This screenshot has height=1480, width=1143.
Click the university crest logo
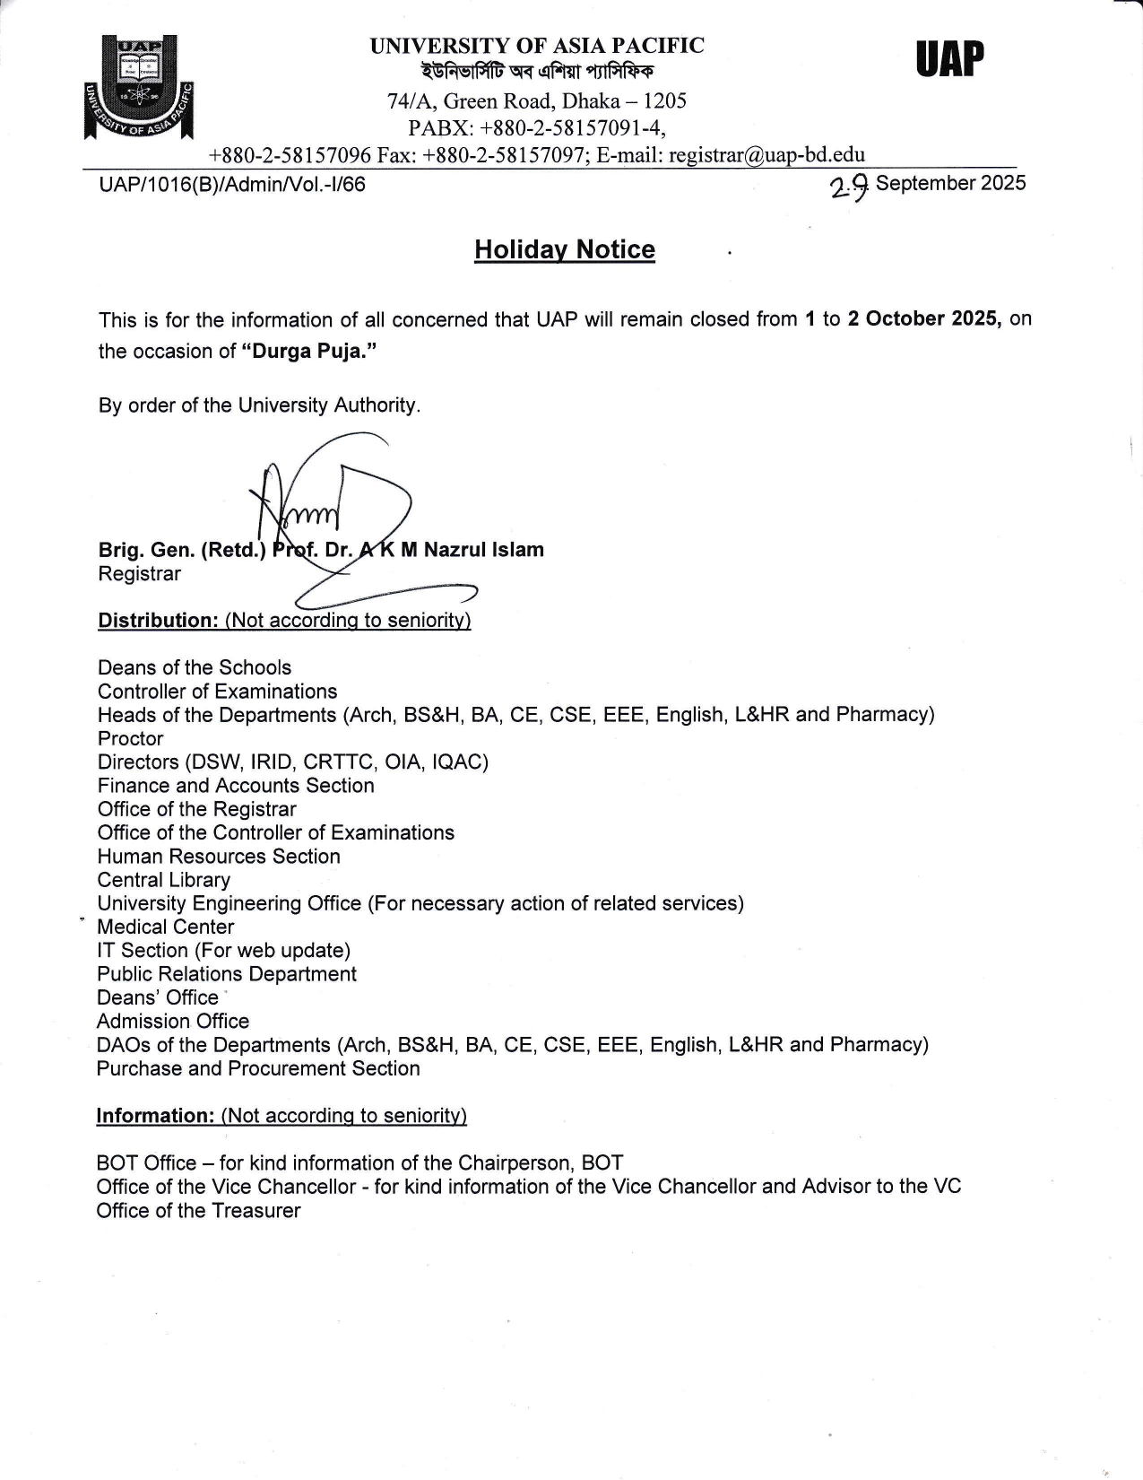click(139, 87)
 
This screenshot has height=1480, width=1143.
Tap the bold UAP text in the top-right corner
click(949, 60)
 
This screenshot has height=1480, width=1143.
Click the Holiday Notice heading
click(564, 249)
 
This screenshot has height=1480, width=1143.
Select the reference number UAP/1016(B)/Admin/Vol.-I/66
click(232, 185)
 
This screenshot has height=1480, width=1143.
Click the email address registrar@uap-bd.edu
click(766, 154)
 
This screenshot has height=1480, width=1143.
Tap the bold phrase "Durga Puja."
click(309, 351)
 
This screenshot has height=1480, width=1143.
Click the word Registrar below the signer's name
click(140, 574)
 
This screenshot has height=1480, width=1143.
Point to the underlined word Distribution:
click(158, 621)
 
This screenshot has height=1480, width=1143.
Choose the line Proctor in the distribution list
click(131, 738)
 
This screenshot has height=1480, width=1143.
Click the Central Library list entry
click(164, 880)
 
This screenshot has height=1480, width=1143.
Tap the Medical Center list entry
click(166, 927)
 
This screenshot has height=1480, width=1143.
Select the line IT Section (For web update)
click(223, 950)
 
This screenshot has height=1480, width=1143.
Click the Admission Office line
click(173, 1021)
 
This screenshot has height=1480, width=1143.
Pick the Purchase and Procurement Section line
click(258, 1068)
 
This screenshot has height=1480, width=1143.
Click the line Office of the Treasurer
click(198, 1210)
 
